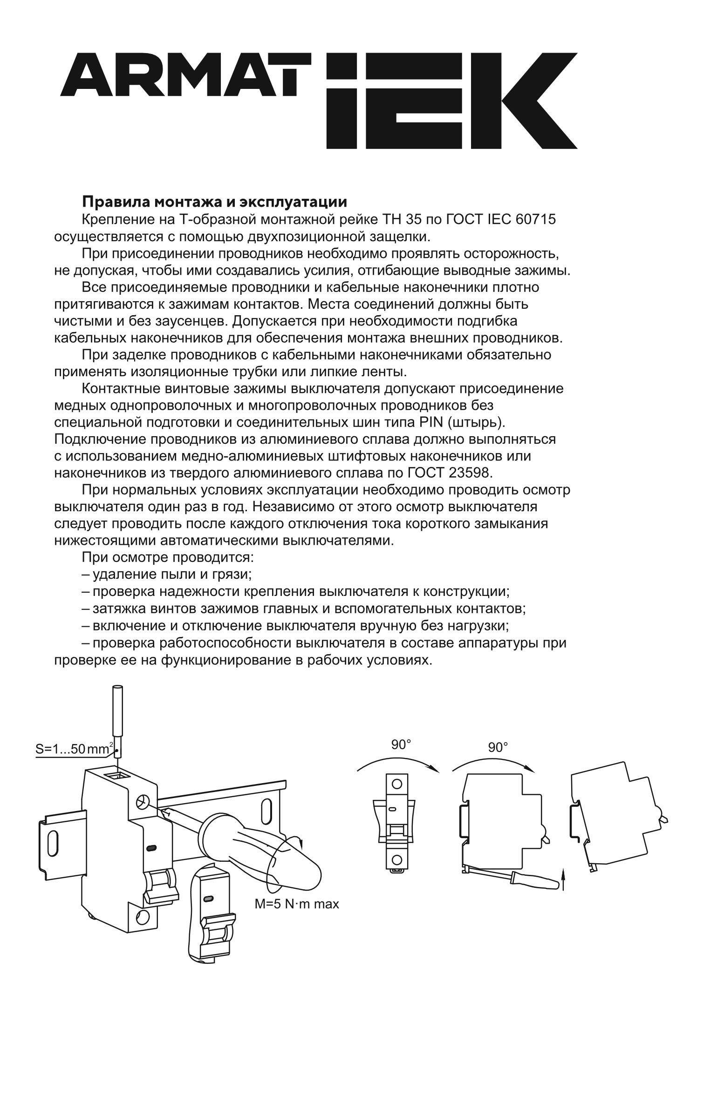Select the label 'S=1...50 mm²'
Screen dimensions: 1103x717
pos(74,750)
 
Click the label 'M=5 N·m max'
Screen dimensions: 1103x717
pos(296,904)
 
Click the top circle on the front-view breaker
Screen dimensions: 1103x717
pos(397,784)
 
